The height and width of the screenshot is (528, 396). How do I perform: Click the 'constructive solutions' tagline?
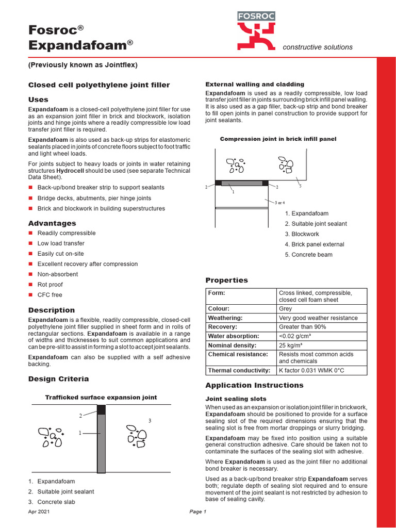tap(318, 47)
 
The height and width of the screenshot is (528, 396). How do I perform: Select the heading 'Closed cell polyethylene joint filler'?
tap(98, 85)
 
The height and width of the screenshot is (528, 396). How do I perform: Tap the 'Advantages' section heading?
tap(52, 223)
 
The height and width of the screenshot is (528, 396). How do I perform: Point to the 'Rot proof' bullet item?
tap(50, 285)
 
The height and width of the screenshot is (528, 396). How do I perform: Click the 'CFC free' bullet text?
tap(49, 295)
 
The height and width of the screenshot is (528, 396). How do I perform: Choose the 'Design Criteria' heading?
tap(58, 379)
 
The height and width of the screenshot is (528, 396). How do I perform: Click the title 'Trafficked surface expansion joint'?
tap(101, 398)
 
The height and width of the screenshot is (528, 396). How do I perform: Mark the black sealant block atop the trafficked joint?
tap(101, 409)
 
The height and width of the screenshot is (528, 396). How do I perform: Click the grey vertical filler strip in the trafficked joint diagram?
tap(101, 443)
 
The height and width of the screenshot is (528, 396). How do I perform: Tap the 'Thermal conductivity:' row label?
tap(239, 370)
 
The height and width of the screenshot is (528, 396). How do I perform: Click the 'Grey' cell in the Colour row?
tap(285, 309)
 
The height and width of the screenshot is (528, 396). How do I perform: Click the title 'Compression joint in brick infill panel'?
tap(278, 139)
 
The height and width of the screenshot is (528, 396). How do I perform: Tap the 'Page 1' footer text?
tap(198, 512)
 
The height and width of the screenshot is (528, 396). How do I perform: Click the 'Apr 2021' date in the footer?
tap(38, 512)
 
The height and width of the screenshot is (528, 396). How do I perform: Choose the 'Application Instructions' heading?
tap(254, 385)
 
